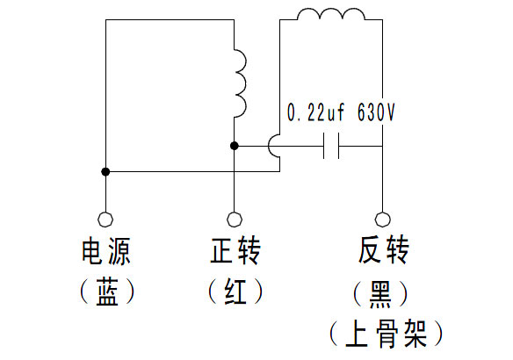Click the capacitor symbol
(x=331, y=146)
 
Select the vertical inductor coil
(x=242, y=83)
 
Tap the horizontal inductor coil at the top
(x=331, y=13)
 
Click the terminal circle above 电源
(x=105, y=220)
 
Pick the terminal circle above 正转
(x=235, y=220)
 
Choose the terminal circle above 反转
(x=382, y=220)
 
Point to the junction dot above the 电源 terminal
(x=105, y=171)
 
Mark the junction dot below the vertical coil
(x=235, y=146)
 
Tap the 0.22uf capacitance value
(x=315, y=112)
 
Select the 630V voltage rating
(x=376, y=112)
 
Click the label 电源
(x=105, y=251)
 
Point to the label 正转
(x=235, y=250)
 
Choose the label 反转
(x=384, y=249)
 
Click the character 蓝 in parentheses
(x=106, y=292)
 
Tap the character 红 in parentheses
(x=235, y=292)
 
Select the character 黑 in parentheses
(x=380, y=294)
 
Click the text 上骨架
(x=386, y=334)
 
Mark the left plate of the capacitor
(x=324, y=146)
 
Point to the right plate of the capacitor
(x=338, y=146)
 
